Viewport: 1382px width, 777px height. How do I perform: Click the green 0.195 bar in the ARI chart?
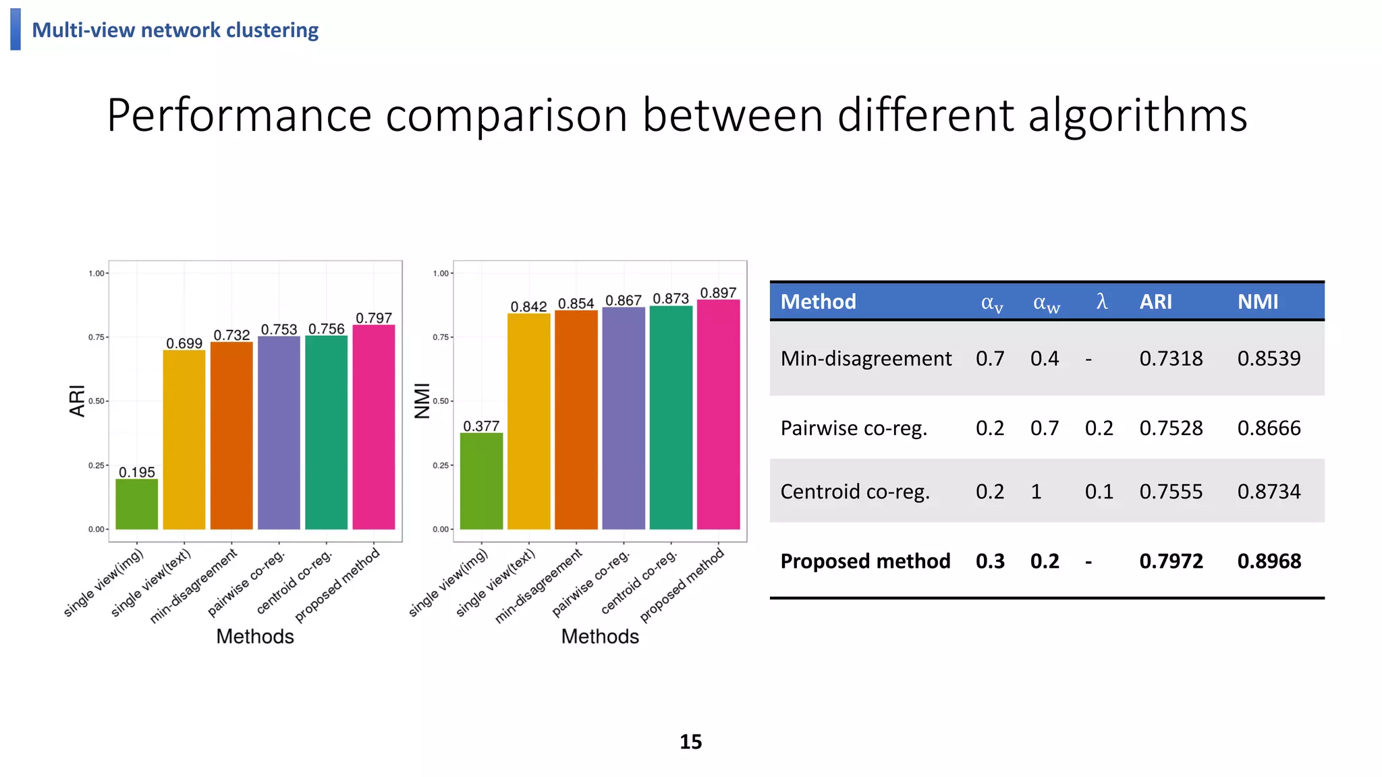coord(137,504)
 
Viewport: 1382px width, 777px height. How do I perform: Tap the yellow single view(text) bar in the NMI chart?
coord(529,421)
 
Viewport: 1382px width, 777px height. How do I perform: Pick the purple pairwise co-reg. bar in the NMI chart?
coord(624,418)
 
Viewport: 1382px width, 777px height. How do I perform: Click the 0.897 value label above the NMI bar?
coord(718,293)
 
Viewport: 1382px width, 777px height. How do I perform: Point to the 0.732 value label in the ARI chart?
coord(231,335)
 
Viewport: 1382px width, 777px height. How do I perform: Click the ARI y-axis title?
coord(78,401)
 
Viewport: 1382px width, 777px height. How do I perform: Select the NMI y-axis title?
coord(422,401)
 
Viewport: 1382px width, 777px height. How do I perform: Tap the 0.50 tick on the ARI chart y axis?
coord(96,401)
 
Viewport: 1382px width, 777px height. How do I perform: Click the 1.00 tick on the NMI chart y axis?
coord(441,273)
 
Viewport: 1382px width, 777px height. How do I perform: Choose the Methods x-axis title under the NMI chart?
coord(600,636)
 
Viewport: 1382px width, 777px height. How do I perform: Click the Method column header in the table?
coord(818,301)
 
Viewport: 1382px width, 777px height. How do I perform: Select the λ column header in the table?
coord(1101,301)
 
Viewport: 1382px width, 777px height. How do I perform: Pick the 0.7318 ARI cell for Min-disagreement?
coord(1171,358)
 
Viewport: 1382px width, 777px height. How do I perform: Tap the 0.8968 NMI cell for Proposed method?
coord(1269,561)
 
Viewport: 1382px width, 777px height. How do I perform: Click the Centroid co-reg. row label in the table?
coord(855,492)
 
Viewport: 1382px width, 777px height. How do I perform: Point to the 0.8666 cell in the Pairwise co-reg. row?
coord(1269,428)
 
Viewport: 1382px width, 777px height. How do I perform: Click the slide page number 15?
coord(690,742)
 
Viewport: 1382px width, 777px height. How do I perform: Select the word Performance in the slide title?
coord(239,115)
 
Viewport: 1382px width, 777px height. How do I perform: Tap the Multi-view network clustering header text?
coord(175,30)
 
